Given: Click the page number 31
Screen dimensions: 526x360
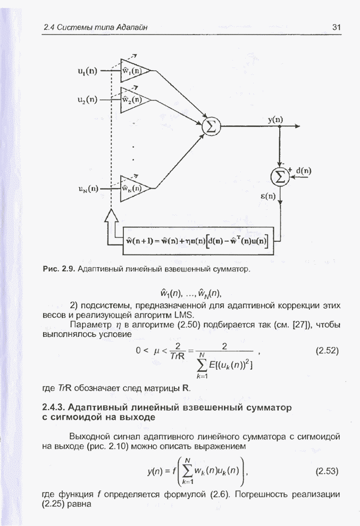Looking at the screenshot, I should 336,27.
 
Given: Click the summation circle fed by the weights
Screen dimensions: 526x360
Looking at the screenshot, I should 211,126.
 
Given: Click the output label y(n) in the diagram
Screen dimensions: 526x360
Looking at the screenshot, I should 275,120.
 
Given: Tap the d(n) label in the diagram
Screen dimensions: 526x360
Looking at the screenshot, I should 304,171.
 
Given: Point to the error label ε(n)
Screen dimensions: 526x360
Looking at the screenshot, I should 267,196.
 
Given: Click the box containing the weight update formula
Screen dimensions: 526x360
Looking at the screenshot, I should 196,242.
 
